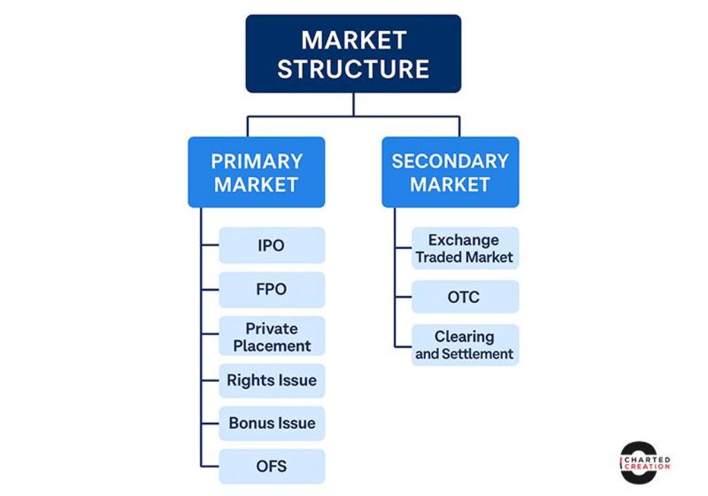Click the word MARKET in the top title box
click(353, 40)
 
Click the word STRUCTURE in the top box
click(353, 69)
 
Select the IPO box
click(271, 246)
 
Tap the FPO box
click(271, 289)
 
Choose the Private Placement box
click(271, 336)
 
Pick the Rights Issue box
click(271, 380)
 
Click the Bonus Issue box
click(271, 423)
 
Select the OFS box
click(271, 466)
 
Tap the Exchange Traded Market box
click(465, 248)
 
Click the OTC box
click(465, 297)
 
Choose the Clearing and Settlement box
click(465, 345)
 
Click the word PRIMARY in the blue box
click(257, 161)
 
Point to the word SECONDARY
click(450, 161)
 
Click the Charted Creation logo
click(644, 462)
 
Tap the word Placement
click(272, 346)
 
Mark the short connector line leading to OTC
click(403, 297)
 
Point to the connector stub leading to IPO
click(209, 246)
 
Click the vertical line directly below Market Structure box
click(353, 104)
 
